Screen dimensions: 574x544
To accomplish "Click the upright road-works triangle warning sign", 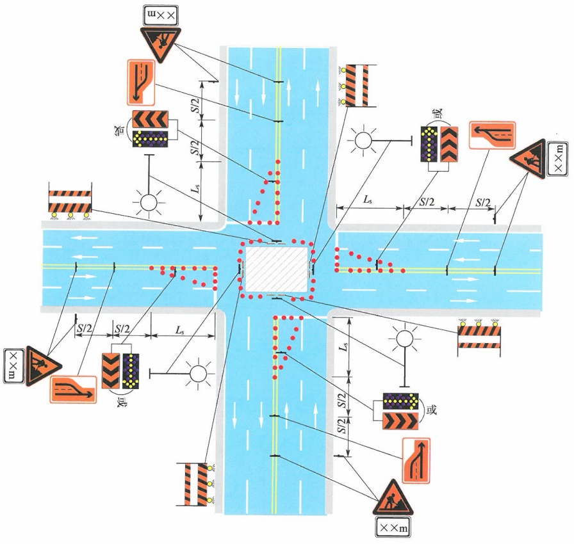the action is [393, 499].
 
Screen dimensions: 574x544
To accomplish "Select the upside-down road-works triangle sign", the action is [160, 42].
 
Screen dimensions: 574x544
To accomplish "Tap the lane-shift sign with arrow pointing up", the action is [416, 461].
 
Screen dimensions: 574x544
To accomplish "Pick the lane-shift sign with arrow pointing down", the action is [142, 83].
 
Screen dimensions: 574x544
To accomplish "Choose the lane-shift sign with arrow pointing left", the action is [493, 135].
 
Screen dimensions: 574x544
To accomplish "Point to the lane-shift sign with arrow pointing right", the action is [74, 389].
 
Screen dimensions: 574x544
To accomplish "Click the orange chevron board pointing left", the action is [150, 119].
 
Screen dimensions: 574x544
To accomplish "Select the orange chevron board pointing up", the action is [449, 145].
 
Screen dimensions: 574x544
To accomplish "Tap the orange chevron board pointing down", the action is [111, 371].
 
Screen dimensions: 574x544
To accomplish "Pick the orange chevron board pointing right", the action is [400, 420].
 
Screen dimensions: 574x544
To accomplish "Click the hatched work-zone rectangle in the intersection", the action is [276, 269].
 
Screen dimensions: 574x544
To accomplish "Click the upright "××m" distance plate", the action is [393, 528].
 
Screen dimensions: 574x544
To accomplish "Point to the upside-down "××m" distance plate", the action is [161, 16].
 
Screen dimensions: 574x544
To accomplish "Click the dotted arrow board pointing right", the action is [400, 401].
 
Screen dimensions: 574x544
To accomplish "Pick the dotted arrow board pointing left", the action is [150, 138].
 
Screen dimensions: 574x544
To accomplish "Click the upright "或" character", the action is [432, 410].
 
